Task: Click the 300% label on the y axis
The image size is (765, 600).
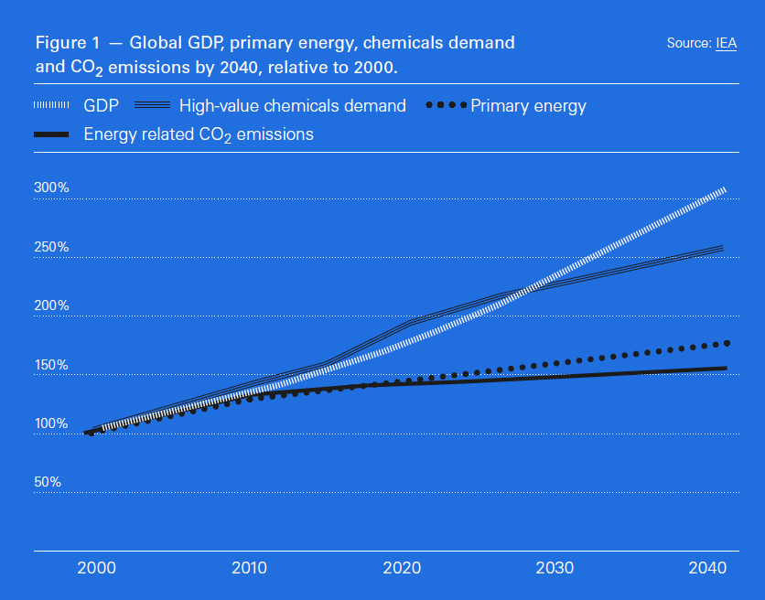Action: tap(52, 187)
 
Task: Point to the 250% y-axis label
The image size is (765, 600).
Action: tap(52, 247)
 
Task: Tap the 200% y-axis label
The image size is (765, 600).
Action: tap(52, 305)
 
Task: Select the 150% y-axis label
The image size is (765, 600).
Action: tap(52, 365)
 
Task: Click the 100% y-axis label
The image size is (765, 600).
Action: tap(52, 423)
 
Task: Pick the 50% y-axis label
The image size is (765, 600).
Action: tap(48, 482)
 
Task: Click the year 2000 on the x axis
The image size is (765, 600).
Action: tap(96, 568)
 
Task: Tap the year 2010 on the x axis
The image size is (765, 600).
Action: tap(249, 568)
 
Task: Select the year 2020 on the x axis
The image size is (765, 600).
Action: tap(403, 568)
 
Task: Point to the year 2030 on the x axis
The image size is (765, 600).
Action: tap(555, 568)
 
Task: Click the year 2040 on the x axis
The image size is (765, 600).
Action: tap(709, 568)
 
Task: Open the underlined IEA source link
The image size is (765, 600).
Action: tap(726, 43)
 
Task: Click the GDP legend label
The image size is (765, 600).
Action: tap(101, 106)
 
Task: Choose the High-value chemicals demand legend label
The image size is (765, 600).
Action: tap(293, 106)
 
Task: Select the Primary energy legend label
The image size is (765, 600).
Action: tap(528, 106)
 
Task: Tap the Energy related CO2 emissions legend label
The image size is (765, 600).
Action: tap(199, 134)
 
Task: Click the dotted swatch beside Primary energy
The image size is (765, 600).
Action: tap(447, 106)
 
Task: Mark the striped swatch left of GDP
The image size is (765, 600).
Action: tap(51, 106)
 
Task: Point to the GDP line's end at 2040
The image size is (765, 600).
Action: tap(724, 189)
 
